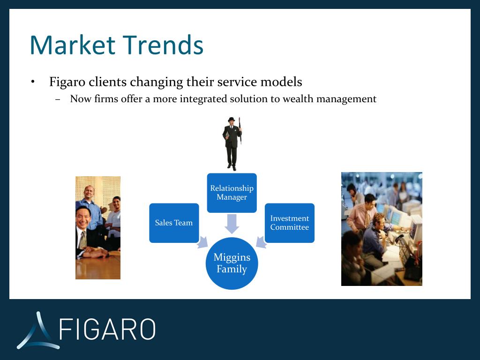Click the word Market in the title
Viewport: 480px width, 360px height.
coord(73,45)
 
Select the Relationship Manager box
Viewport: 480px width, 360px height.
coord(232,193)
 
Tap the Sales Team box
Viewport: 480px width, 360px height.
coord(174,223)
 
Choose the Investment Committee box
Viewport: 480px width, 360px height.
coord(290,223)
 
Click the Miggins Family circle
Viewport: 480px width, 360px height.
coord(232,263)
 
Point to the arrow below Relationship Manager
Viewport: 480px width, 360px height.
coord(232,224)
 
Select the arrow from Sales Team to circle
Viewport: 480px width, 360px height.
coord(202,242)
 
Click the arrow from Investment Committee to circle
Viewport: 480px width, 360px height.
coord(261,242)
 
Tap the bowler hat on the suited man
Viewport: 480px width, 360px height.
coord(232,119)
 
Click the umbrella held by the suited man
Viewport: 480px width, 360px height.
coord(240,130)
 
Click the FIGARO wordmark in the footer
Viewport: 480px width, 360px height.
coord(107,329)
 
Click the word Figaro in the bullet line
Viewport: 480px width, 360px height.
coord(67,82)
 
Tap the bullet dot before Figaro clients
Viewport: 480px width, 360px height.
coord(32,82)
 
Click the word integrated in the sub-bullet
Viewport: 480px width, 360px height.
coord(203,99)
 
